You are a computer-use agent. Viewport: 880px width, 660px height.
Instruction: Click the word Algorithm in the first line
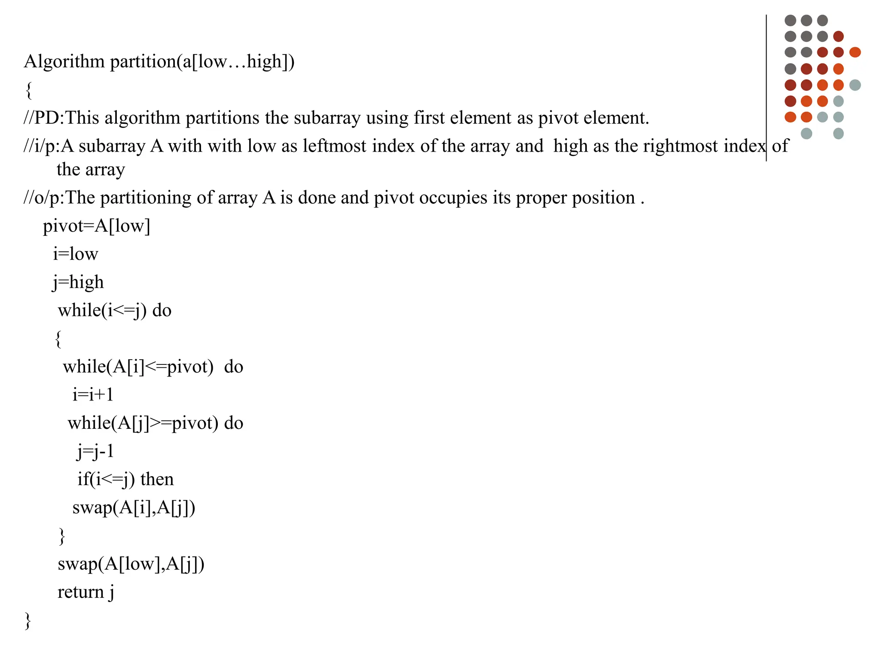coord(64,62)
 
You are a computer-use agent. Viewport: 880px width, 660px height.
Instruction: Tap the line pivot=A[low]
coord(96,226)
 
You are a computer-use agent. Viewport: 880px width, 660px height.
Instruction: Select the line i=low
coord(75,254)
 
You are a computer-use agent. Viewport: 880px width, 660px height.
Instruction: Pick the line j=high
coord(78,282)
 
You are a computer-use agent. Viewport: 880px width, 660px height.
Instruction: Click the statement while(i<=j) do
coord(114,310)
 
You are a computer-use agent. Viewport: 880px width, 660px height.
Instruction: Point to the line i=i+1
coord(93,394)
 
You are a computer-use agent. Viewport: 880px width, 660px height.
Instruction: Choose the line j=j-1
coord(95,451)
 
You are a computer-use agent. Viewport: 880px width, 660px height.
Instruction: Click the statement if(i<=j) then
coord(125,479)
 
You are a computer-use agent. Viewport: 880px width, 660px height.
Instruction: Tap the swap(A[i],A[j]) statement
coord(134,507)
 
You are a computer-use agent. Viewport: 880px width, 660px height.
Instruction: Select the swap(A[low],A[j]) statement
coord(131,564)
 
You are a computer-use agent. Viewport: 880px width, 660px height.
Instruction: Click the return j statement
coord(86,592)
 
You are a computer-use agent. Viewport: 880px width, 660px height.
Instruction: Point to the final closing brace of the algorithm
coord(28,620)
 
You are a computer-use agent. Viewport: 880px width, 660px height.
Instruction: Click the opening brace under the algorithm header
coord(29,90)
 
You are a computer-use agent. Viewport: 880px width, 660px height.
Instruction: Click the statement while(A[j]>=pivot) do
coord(155,423)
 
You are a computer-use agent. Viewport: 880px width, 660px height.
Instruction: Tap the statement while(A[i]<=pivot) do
coord(153,367)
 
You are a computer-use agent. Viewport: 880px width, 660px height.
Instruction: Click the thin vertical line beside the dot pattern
coord(766,86)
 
